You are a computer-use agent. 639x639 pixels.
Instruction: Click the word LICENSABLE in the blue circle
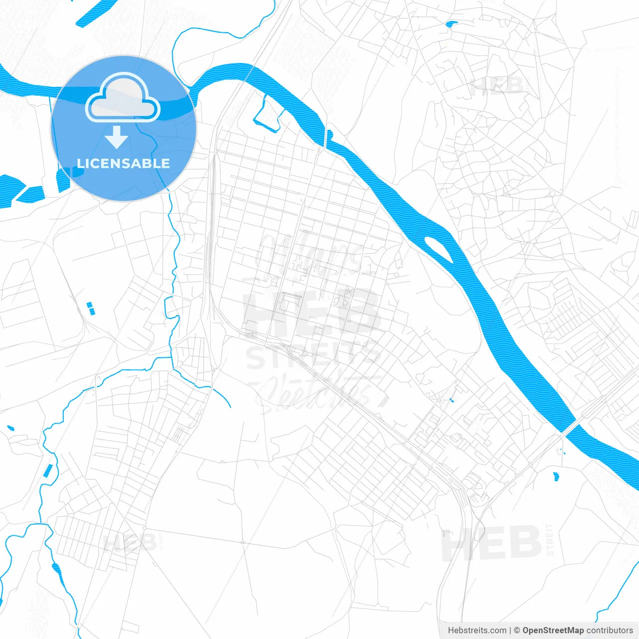click(123, 163)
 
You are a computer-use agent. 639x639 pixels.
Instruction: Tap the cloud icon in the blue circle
click(123, 98)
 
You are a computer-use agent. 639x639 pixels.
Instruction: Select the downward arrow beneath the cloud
click(117, 137)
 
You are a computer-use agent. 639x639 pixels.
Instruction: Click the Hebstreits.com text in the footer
click(477, 631)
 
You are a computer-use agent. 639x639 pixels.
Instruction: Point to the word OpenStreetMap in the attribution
click(553, 631)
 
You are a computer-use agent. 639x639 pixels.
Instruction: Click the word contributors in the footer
click(610, 631)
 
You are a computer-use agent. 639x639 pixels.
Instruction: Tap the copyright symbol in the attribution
click(517, 631)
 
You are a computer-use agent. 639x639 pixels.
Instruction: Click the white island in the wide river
click(438, 249)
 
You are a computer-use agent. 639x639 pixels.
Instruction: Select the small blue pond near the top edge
click(451, 23)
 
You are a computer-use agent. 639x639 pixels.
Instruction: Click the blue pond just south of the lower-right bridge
click(556, 476)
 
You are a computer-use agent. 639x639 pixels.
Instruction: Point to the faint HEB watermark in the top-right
click(496, 86)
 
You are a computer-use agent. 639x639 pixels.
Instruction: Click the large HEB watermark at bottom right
click(492, 543)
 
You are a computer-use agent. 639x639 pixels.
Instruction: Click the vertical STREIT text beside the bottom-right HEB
click(550, 539)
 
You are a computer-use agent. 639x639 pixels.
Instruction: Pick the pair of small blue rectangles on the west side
click(90, 308)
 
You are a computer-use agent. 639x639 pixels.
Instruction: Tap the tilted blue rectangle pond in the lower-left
click(48, 470)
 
